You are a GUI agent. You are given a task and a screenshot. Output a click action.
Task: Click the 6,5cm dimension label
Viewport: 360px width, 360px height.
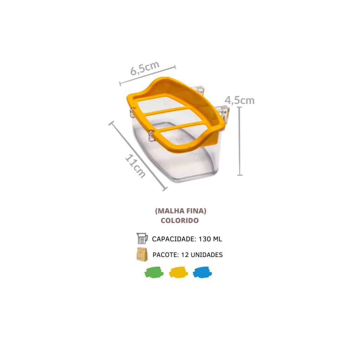pos(145,68)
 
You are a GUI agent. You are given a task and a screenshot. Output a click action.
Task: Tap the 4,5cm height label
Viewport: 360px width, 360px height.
pos(239,100)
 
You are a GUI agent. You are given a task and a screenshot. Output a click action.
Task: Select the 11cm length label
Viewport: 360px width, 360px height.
pos(135,166)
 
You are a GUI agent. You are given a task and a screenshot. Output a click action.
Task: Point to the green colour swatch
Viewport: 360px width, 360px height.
pos(154,272)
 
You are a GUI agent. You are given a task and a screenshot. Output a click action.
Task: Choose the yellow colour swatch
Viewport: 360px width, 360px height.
pos(178,272)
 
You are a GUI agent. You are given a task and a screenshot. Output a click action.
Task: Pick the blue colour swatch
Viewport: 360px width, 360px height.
pos(202,272)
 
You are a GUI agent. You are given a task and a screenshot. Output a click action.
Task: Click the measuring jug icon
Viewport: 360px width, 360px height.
pos(142,238)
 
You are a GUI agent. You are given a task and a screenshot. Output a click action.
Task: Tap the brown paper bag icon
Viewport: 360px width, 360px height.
pos(142,255)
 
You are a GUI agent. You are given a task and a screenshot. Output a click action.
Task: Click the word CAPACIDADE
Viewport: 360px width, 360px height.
pos(174,239)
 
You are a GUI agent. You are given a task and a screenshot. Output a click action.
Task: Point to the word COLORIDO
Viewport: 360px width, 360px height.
pos(180,220)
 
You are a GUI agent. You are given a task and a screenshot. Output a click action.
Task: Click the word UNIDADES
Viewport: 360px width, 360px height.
pos(207,255)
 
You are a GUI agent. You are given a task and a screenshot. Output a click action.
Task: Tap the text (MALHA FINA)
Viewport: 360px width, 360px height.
pos(181,211)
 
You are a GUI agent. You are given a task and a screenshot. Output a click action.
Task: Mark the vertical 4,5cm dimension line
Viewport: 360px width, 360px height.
pos(240,141)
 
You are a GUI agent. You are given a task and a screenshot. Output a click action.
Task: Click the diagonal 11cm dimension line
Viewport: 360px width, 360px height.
pos(138,156)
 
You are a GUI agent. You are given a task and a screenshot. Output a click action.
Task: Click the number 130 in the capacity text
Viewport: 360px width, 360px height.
pos(205,239)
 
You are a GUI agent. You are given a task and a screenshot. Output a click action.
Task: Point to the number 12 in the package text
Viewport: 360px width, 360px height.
pos(185,255)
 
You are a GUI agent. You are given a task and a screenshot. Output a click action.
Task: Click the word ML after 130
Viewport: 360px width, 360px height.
pos(217,239)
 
